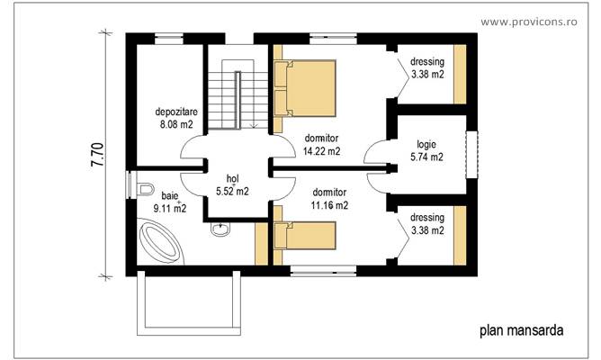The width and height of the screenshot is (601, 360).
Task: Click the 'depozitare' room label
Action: point(175,112)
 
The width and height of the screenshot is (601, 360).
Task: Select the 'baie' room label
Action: point(169,194)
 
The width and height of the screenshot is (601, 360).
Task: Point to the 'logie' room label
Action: point(426,144)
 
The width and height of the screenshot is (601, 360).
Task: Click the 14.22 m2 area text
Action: point(321,151)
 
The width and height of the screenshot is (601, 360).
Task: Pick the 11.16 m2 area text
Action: point(329,205)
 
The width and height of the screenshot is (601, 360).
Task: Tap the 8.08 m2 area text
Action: point(175,125)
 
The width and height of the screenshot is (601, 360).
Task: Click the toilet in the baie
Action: point(148,190)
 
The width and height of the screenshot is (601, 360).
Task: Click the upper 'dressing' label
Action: point(426,62)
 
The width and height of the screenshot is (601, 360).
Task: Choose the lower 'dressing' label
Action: point(426,218)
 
